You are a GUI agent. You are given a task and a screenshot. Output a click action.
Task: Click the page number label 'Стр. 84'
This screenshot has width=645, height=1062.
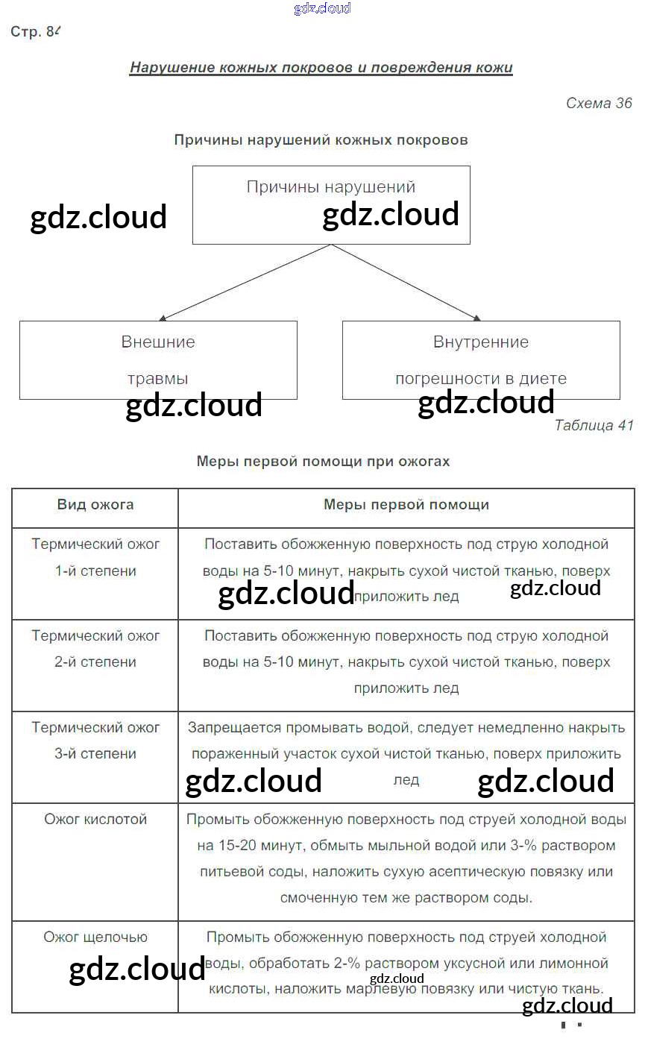[x=34, y=32]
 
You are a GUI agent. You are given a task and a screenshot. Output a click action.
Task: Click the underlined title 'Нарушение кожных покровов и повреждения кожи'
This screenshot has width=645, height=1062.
[x=321, y=68]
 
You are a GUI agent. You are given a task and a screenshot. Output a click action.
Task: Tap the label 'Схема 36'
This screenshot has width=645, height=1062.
[x=599, y=104]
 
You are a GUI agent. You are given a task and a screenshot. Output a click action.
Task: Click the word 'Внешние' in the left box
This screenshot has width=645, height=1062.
[x=158, y=342]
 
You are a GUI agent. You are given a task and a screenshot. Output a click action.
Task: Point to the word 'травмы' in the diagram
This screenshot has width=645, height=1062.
[x=158, y=378]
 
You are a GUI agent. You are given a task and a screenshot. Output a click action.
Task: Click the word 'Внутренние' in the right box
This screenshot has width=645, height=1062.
[x=481, y=342]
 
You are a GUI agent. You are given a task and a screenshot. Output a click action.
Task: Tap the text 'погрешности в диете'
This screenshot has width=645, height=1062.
[x=481, y=378]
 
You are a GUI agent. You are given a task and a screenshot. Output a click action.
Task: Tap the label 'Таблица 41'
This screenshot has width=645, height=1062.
[x=594, y=425]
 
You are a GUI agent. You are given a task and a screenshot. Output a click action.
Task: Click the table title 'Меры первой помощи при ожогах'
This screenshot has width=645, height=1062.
[x=323, y=462]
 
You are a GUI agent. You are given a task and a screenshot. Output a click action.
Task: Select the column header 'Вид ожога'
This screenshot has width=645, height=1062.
[x=95, y=505]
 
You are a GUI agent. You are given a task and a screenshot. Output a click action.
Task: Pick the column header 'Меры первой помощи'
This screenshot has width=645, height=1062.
[x=406, y=505]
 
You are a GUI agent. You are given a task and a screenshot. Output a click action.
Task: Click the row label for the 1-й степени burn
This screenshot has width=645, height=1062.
[x=95, y=558]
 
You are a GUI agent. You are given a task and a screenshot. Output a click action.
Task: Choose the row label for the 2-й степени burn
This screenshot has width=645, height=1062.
[x=95, y=649]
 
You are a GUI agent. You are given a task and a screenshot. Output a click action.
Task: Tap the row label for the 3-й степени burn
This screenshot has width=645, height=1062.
[x=95, y=741]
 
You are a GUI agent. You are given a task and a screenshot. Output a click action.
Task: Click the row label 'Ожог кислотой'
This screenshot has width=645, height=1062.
[x=95, y=820]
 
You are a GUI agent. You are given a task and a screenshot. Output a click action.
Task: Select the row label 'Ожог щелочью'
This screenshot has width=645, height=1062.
[x=95, y=937]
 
